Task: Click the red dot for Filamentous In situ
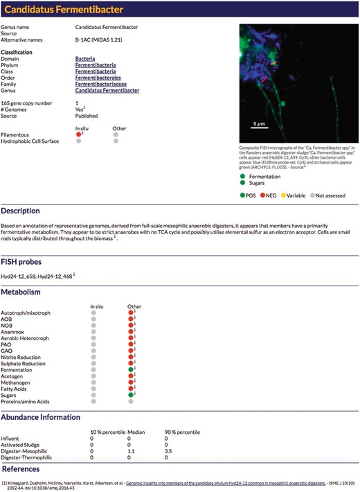pos(79,134)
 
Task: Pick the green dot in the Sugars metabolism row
pos(129,396)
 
